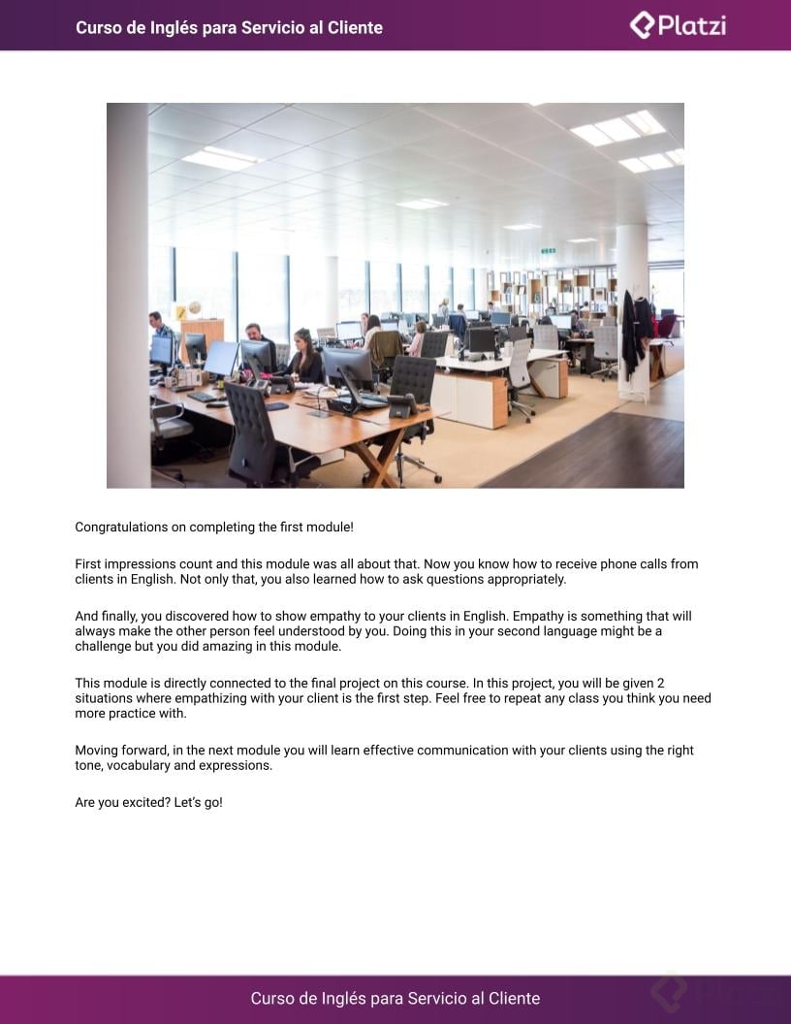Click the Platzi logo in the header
point(678,25)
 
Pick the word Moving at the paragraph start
point(98,751)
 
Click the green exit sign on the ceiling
point(548,251)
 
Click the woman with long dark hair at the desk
point(303,357)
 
